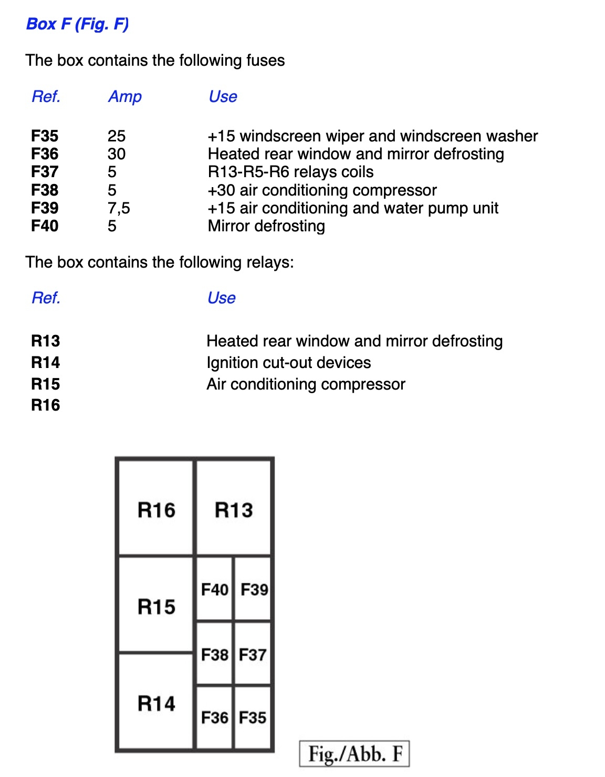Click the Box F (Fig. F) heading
pos(77,24)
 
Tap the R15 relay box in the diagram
pos(156,606)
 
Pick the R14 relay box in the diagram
pos(156,703)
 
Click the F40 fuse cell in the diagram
pos(214,589)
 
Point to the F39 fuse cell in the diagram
pos(254,589)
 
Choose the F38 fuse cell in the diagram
pos(214,655)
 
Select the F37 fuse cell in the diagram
pos(253,655)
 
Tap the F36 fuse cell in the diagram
pos(214,717)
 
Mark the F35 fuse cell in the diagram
pos(253,717)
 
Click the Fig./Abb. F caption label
pos(354,754)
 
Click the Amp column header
pos(125,97)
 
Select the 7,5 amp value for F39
pos(119,208)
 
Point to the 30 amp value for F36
pos(117,154)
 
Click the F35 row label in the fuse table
pos(45,136)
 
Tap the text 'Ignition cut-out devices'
pos(288,363)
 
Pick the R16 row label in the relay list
pos(46,405)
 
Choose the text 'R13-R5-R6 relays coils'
pos(290,172)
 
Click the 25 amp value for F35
pos(117,136)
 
